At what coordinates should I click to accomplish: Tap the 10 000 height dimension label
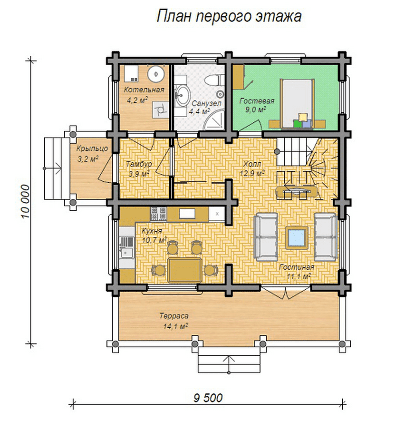coord(25,202)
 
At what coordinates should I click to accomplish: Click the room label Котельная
coord(144,89)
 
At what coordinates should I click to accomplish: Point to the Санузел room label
coord(207,103)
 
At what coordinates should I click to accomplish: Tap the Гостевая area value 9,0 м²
coord(255,109)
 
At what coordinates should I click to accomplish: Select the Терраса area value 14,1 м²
coord(176,326)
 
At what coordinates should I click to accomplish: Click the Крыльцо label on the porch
coord(92,149)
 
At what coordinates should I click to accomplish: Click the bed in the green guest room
coord(297,103)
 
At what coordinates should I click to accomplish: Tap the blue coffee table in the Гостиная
coord(297,237)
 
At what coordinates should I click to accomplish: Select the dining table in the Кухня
coord(184,270)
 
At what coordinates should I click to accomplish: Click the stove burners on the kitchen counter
coord(158,214)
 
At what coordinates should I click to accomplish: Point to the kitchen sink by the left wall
coord(126,247)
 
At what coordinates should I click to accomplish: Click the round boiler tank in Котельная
coord(156,74)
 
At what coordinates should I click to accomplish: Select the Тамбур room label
coord(139,164)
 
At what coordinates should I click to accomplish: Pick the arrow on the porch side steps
coord(53,169)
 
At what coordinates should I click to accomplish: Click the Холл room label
coord(252,164)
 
